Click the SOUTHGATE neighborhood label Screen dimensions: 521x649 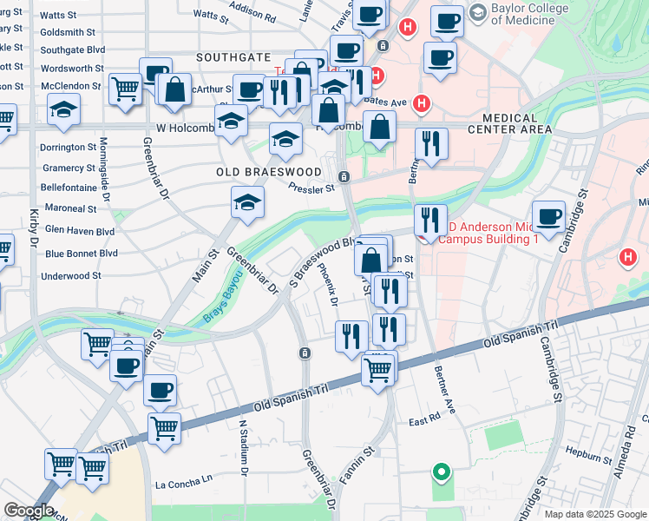(x=233, y=57)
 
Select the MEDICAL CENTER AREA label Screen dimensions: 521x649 (x=509, y=123)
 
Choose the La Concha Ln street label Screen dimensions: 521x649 (x=183, y=479)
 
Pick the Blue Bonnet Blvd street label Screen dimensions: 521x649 (x=81, y=254)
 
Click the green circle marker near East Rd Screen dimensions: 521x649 (x=442, y=472)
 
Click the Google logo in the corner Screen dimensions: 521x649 (x=28, y=511)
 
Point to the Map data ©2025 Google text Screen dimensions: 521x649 (x=594, y=513)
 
